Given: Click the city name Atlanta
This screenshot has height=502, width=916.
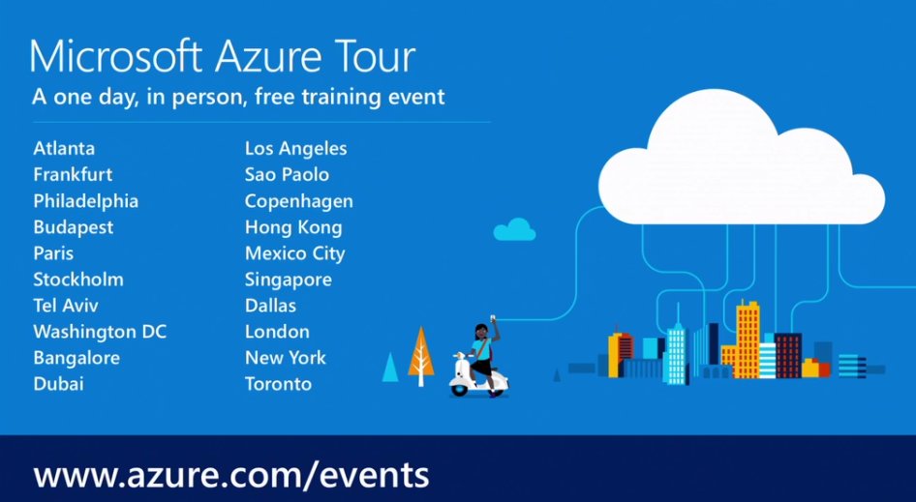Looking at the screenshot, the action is (64, 148).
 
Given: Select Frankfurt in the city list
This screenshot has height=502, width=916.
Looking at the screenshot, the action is (73, 174).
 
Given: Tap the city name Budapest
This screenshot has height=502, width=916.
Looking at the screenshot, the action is (74, 227).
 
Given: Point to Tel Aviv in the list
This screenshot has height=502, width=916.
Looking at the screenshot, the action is (66, 306).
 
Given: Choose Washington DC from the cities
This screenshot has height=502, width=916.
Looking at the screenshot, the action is (100, 332).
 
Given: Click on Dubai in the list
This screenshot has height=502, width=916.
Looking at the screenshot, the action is (58, 384).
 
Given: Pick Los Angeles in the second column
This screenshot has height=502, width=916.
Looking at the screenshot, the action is (295, 149).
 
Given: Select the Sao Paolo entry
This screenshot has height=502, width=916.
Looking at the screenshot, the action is (287, 174).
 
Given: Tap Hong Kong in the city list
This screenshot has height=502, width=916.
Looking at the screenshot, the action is (293, 227).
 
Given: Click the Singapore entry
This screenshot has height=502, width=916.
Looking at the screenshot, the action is (288, 281).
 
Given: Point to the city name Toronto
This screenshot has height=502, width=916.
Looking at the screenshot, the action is (278, 384).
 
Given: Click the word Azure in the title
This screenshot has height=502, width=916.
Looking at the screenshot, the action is (269, 57).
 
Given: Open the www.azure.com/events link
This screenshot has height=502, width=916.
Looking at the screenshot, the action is (231, 475).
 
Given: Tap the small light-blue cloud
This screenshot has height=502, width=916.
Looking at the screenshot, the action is (515, 229).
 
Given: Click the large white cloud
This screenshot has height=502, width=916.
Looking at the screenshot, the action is (742, 158).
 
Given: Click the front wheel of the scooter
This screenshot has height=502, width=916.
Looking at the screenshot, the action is (460, 389).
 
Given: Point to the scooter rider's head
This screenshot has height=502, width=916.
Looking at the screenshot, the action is (481, 332).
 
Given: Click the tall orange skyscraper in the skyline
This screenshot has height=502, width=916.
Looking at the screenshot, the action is (748, 339).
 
